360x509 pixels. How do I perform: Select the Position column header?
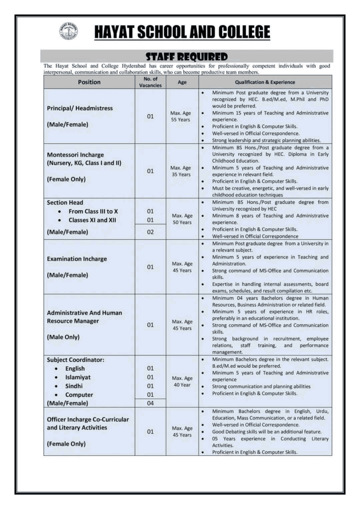pos(89,83)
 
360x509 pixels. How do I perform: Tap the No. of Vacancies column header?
pos(150,83)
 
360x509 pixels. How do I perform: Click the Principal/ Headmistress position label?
pos(80,108)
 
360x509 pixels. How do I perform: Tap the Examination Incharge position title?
pos(77,259)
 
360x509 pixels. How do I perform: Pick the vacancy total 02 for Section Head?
pos(150,232)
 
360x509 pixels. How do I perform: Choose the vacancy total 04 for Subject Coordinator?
pos(150,403)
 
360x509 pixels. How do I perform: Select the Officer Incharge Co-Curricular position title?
pos(88,420)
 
